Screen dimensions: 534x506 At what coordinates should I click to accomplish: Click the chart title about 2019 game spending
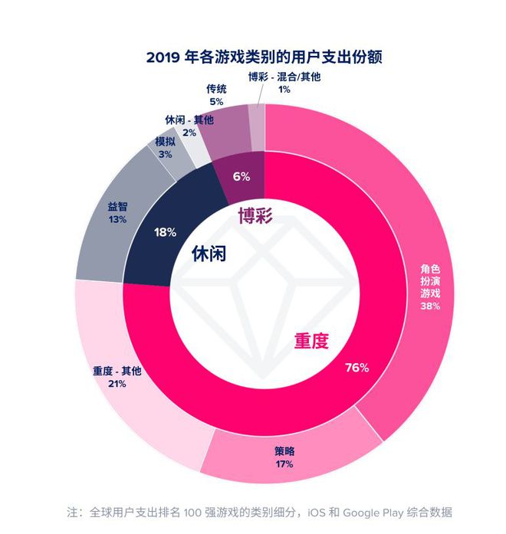(264, 57)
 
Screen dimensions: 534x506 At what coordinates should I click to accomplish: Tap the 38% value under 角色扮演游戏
(431, 306)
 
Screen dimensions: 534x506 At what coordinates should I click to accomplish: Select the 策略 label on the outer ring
(284, 450)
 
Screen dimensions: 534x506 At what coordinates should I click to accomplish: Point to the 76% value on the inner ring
(357, 368)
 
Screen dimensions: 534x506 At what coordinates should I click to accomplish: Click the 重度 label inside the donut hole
(311, 341)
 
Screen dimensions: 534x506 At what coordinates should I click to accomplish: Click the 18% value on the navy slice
(166, 231)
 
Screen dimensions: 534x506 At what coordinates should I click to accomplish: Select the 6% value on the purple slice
(242, 176)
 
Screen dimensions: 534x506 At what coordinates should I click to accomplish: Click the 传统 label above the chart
(216, 88)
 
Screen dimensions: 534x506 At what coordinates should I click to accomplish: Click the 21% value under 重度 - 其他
(117, 384)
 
